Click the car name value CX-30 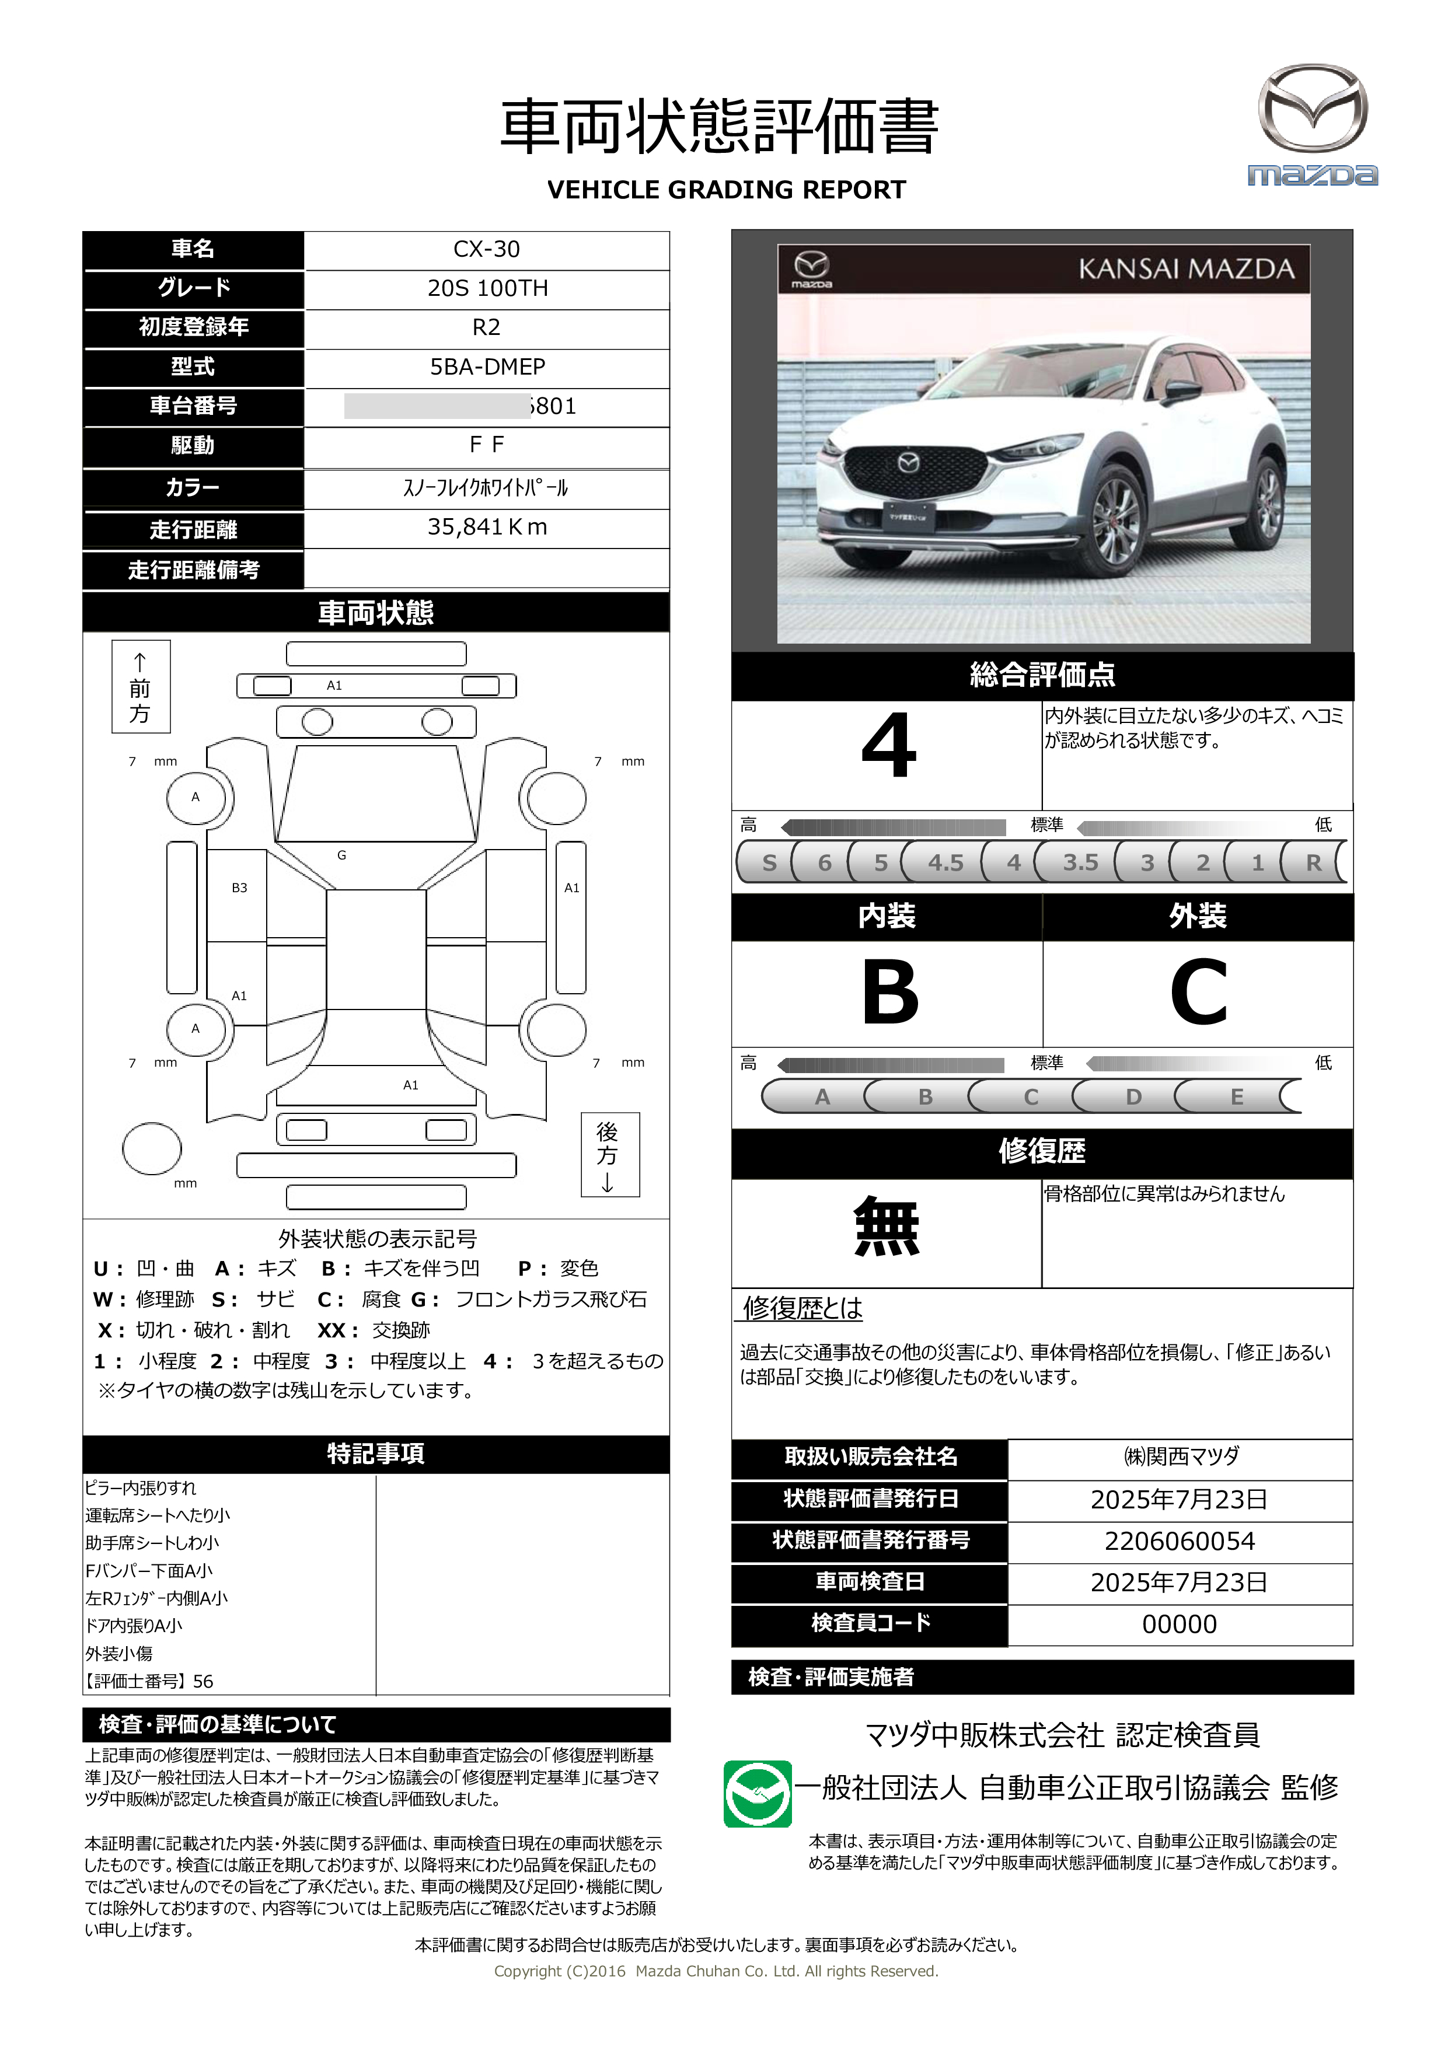pyautogui.click(x=486, y=250)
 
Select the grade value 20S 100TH pyautogui.click(x=487, y=289)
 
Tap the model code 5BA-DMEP pyautogui.click(x=487, y=366)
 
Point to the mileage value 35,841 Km pyautogui.click(x=487, y=527)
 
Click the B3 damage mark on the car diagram pyautogui.click(x=239, y=888)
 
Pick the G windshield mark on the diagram pyautogui.click(x=341, y=855)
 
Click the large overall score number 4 pyautogui.click(x=888, y=747)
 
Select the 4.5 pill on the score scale pyautogui.click(x=945, y=862)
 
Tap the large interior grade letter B pyautogui.click(x=889, y=993)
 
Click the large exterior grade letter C pyautogui.click(x=1198, y=993)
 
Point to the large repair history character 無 pyautogui.click(x=887, y=1228)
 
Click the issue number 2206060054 pyautogui.click(x=1179, y=1541)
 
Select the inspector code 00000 pyautogui.click(x=1179, y=1623)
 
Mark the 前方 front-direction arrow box pyautogui.click(x=141, y=686)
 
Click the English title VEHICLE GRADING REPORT pyautogui.click(x=726, y=190)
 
